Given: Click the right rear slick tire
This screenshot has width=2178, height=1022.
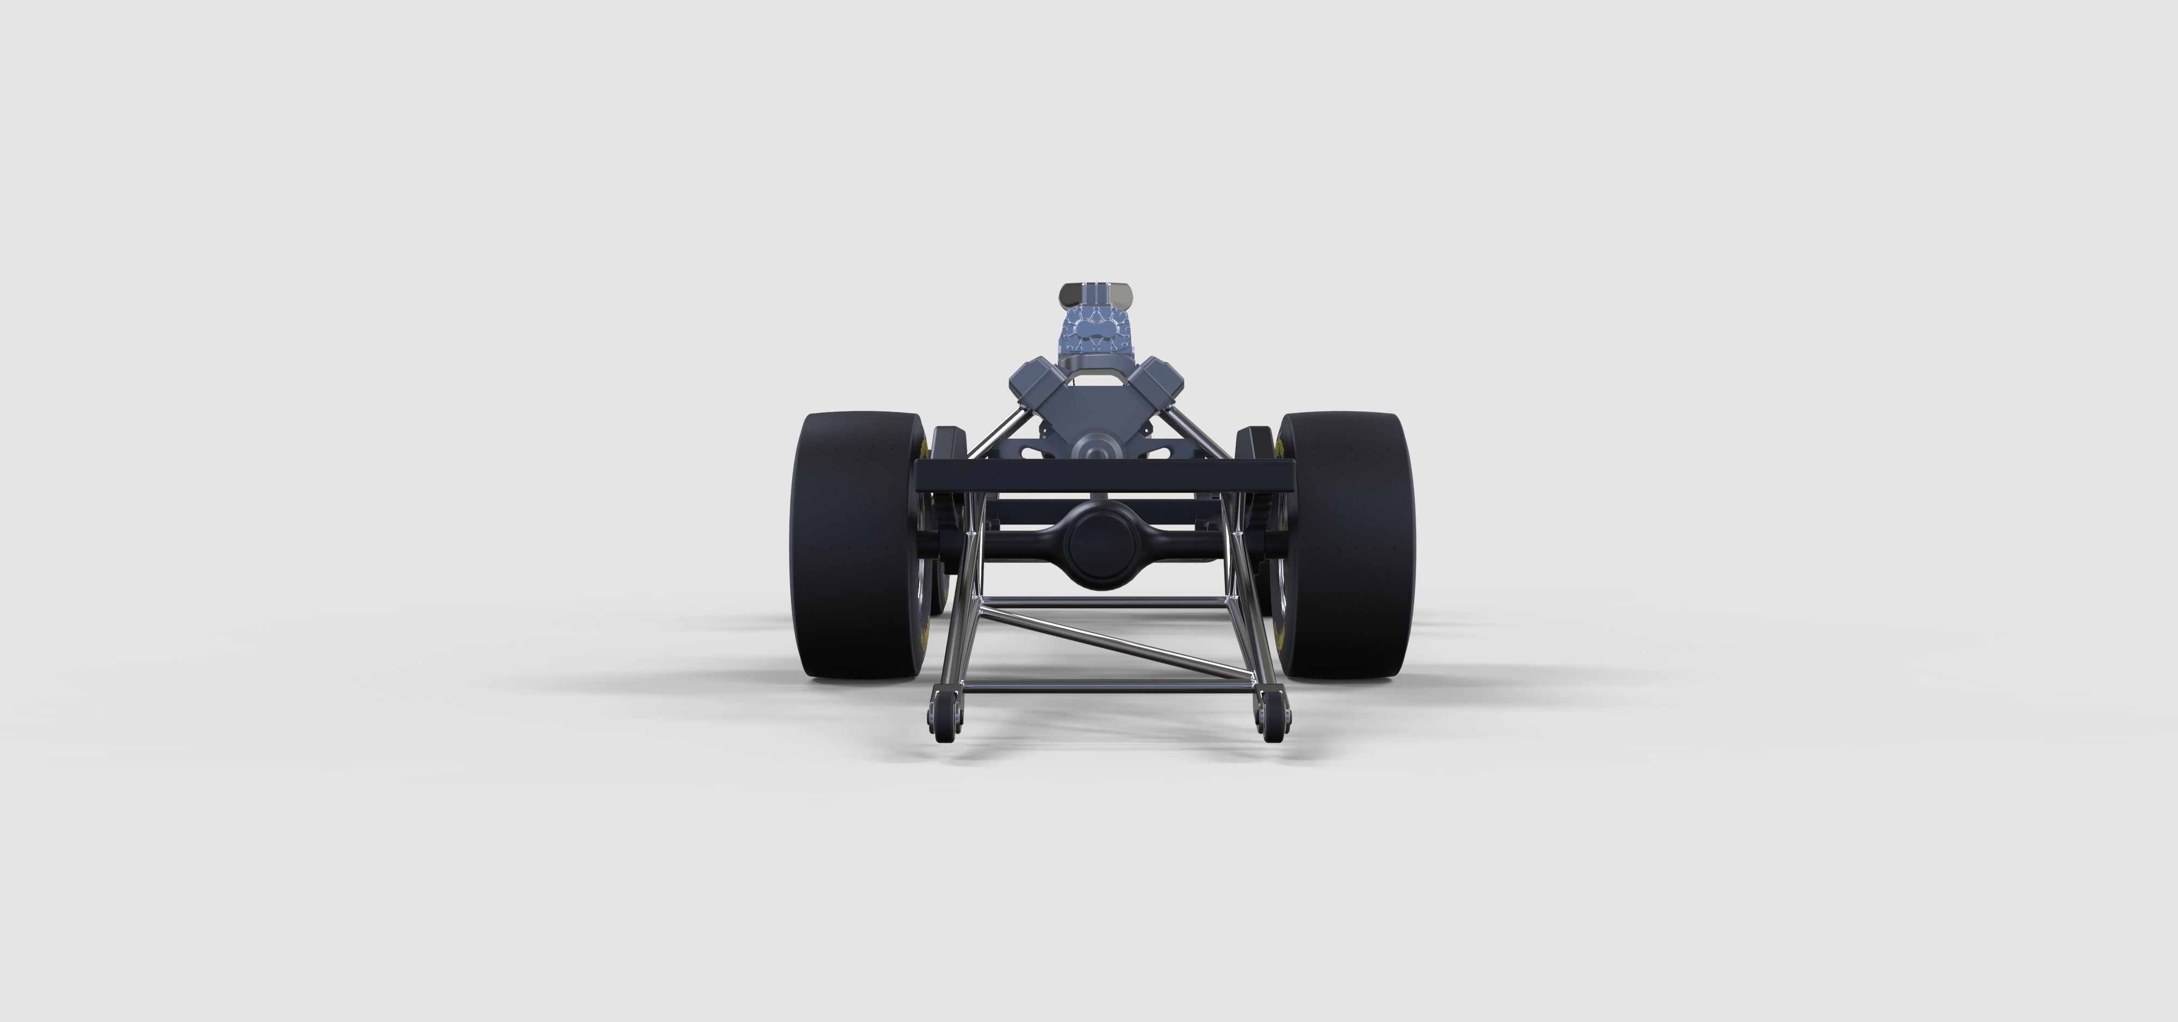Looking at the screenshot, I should (x=1344, y=545).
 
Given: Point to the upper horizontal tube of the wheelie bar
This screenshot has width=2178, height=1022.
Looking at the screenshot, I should (x=1099, y=602).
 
